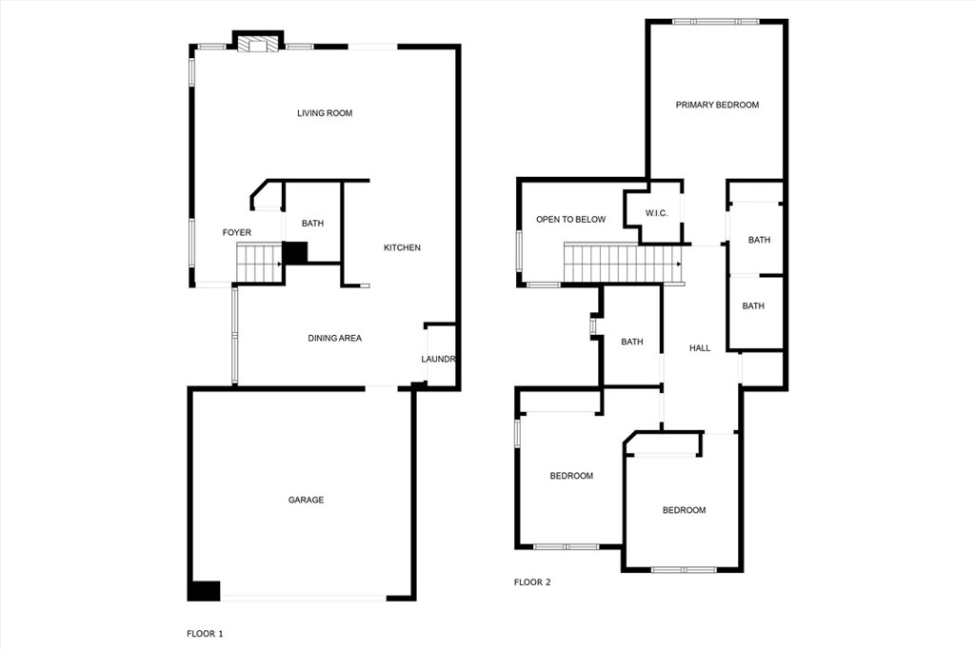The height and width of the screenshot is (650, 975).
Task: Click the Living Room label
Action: (x=325, y=113)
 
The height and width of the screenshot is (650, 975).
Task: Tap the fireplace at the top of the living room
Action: (x=258, y=44)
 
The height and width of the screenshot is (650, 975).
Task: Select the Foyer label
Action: (x=237, y=232)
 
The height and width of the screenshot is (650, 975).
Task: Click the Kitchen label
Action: (x=402, y=247)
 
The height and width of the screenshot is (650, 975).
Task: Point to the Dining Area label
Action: (x=334, y=338)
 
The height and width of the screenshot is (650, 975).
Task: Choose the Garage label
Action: (x=307, y=500)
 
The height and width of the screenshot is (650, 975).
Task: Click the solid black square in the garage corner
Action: (x=204, y=590)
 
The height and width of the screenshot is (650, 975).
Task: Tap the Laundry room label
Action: (x=440, y=359)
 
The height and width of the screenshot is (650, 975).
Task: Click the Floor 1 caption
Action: (x=205, y=633)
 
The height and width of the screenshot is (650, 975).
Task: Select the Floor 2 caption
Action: (x=532, y=582)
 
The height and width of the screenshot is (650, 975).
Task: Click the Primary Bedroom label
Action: (x=717, y=105)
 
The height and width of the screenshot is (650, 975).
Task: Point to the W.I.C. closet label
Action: (x=656, y=213)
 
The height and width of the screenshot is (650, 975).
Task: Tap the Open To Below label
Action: (x=570, y=220)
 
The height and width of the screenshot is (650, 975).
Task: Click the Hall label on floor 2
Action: (x=700, y=348)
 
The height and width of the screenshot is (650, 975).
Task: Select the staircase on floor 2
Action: (x=622, y=264)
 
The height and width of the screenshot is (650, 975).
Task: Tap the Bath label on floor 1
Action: (x=312, y=224)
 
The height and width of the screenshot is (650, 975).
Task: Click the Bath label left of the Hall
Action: (x=632, y=342)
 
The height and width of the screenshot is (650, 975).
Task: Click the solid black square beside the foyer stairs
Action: (x=295, y=253)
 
